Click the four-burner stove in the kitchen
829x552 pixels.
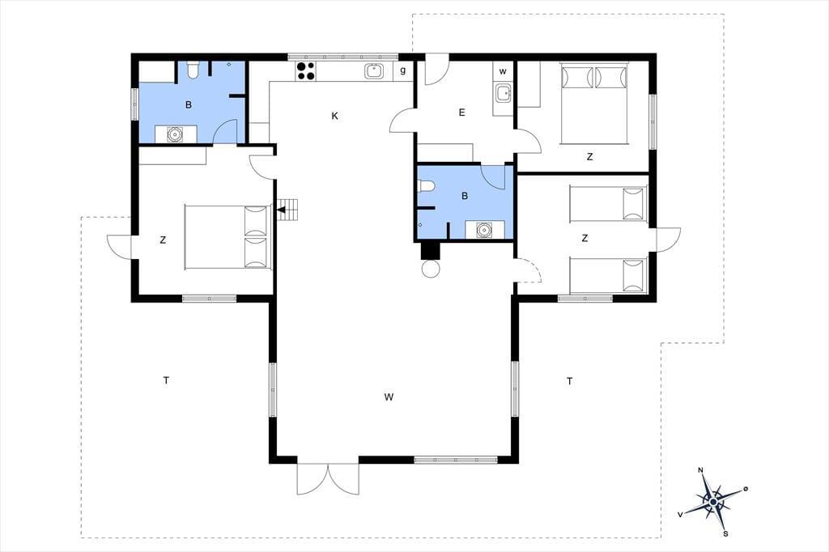pyautogui.click(x=305, y=71)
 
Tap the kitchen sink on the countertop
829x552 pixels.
pyautogui.click(x=374, y=71)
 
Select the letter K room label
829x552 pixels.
pyautogui.click(x=334, y=117)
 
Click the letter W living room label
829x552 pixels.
pyautogui.click(x=389, y=397)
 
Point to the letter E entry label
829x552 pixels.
pyautogui.click(x=462, y=113)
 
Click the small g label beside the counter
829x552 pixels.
pyautogui.click(x=403, y=71)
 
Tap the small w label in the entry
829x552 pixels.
pyautogui.click(x=503, y=71)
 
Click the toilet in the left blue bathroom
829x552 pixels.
pyautogui.click(x=193, y=70)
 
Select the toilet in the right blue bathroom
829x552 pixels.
pyautogui.click(x=426, y=185)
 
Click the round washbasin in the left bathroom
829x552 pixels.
pyautogui.click(x=175, y=135)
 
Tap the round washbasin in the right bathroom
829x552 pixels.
pyautogui.click(x=484, y=230)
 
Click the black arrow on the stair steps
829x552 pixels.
pyautogui.click(x=282, y=210)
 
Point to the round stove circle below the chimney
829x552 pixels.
pyautogui.click(x=431, y=269)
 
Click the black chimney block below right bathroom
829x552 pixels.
pyautogui.click(x=431, y=251)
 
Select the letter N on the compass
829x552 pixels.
pyautogui.click(x=701, y=470)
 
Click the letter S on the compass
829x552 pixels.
pyautogui.click(x=726, y=533)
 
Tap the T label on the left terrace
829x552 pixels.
pyautogui.click(x=167, y=380)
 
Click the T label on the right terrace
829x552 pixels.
pyautogui.click(x=569, y=381)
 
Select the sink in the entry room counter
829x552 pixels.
pyautogui.click(x=504, y=94)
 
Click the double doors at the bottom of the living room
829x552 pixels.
pyautogui.click(x=328, y=478)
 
